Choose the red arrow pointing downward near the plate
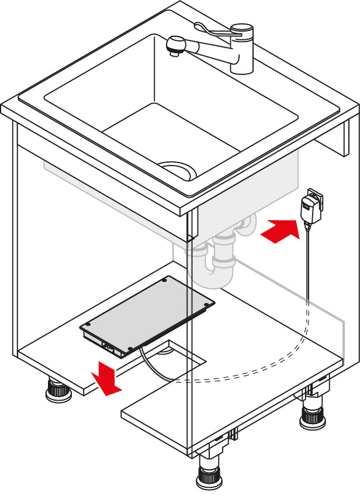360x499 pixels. click(x=106, y=377)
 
